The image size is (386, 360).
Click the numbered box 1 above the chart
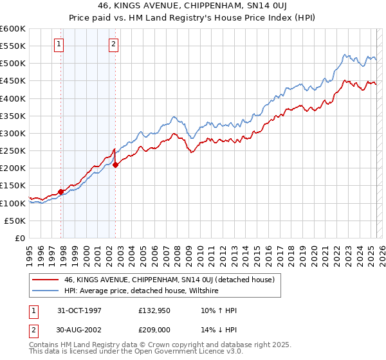[59, 44]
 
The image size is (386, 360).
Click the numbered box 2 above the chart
[113, 44]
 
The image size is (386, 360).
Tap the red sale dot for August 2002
[116, 165]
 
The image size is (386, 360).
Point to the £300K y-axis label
[13, 133]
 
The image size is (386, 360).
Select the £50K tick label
[15, 221]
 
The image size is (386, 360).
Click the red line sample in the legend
[45, 280]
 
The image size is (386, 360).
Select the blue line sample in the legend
[45, 291]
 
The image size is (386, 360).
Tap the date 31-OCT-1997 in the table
[79, 310]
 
